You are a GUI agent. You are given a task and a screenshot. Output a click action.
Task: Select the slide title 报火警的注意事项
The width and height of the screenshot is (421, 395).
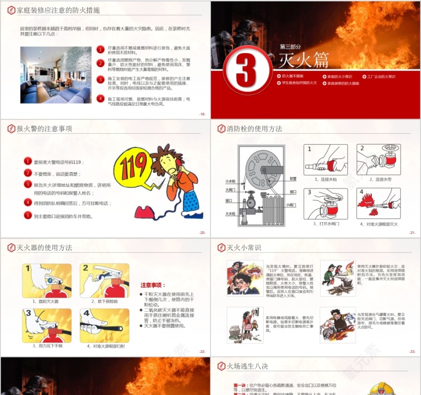pos(45,129)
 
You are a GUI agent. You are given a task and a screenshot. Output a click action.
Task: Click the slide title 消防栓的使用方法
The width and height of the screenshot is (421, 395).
pos(254,129)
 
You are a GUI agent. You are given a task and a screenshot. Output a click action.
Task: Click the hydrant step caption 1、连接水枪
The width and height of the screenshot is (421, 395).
pos(325,179)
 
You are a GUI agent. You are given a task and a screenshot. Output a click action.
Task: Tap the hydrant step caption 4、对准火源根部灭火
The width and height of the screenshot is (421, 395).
pos(378,224)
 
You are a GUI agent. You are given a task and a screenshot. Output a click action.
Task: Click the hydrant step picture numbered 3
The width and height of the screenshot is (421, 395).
pos(325,203)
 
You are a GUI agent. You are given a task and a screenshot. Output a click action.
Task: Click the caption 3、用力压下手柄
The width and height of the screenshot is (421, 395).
pos(47,346)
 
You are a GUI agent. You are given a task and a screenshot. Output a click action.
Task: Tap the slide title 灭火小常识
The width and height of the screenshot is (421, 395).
pos(244,248)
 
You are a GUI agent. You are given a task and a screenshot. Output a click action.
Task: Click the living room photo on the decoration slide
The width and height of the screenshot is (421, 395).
pos(56,75)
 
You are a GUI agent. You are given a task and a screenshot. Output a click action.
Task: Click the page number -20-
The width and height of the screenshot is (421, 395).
pos(202,233)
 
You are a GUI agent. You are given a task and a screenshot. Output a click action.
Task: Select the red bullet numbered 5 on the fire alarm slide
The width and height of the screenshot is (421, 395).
pos(28,216)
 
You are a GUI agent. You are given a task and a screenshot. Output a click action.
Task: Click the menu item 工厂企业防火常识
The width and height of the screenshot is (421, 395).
pos(381,77)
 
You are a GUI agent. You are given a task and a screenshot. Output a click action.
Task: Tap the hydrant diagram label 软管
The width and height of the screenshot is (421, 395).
pos(293,178)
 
